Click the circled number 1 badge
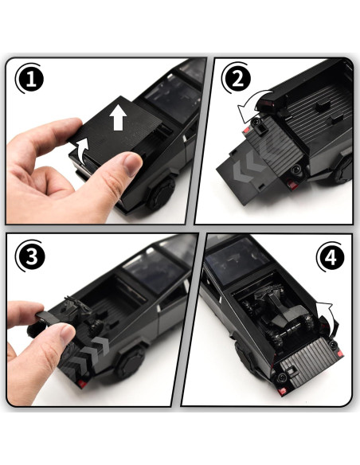tap(31, 80)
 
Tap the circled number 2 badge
tap(237, 79)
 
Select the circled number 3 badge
tap(31, 256)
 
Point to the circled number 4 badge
tap(331, 257)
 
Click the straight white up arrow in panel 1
tap(118, 117)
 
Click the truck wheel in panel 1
tap(162, 193)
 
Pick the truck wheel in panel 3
tap(131, 363)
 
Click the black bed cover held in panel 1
tap(116, 127)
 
